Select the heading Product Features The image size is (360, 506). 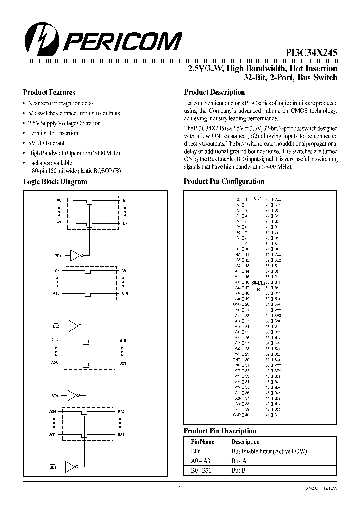point(49,92)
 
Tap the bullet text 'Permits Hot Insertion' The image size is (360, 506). point(53,133)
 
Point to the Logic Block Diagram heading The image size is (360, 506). point(55,182)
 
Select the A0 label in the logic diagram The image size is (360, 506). point(58,200)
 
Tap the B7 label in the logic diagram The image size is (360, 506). point(125,223)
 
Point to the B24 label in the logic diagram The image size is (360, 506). point(121,411)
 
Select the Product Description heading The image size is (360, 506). point(214,92)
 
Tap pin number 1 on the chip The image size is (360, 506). point(246,199)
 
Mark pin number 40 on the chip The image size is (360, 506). point(246,415)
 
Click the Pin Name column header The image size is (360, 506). point(203,442)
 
